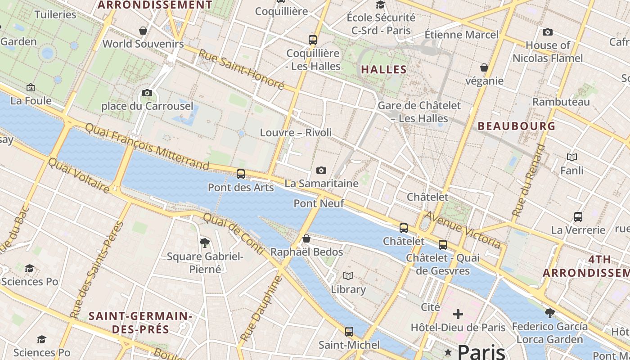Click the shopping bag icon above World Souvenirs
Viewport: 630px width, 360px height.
[x=143, y=31]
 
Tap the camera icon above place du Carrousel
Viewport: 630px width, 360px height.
[x=147, y=93]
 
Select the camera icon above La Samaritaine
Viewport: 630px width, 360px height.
[x=321, y=170]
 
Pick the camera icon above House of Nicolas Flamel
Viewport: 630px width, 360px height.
[x=547, y=32]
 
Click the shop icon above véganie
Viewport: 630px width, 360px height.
[x=484, y=67]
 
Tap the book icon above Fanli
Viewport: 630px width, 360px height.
[x=572, y=157]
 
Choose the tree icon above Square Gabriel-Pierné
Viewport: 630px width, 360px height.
[x=205, y=243]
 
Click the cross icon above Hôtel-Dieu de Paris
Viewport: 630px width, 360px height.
[x=458, y=314]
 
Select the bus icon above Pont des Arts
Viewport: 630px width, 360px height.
[x=241, y=174]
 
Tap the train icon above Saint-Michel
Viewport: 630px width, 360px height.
[x=349, y=332]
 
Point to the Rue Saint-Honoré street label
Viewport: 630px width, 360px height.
[x=241, y=70]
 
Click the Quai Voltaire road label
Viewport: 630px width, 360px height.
[x=78, y=175]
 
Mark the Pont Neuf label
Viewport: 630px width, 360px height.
[x=319, y=203]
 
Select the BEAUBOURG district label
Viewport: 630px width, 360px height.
[x=517, y=126]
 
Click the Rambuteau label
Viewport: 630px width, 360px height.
[x=561, y=102]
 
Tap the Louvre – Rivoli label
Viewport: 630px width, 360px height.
[x=296, y=133]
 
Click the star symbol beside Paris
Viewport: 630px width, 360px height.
[x=448, y=351]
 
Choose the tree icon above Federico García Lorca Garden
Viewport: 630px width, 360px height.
[x=549, y=313]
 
